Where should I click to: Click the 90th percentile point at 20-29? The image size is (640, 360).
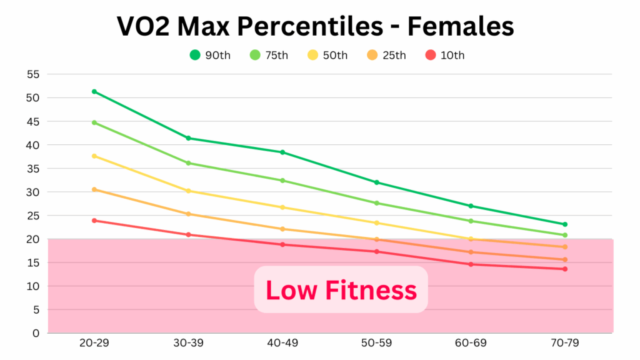coord(94,91)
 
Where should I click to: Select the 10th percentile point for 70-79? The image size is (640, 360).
coord(565,269)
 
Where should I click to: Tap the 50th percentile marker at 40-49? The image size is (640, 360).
coord(282,207)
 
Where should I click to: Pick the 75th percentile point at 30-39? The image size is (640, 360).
coord(188,163)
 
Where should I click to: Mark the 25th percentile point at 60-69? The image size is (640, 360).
coord(471,252)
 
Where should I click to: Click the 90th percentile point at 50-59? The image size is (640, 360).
coord(377,182)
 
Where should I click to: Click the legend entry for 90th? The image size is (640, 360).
coord(210,55)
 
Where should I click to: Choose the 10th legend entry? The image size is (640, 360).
coord(444,55)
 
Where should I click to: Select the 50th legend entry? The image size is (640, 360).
coord(327,55)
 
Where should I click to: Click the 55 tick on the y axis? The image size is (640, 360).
coord(33,74)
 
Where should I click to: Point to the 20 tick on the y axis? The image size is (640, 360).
coord(33,239)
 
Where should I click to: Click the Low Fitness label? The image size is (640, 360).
coord(341,290)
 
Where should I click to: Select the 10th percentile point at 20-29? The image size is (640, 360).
coord(94,220)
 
